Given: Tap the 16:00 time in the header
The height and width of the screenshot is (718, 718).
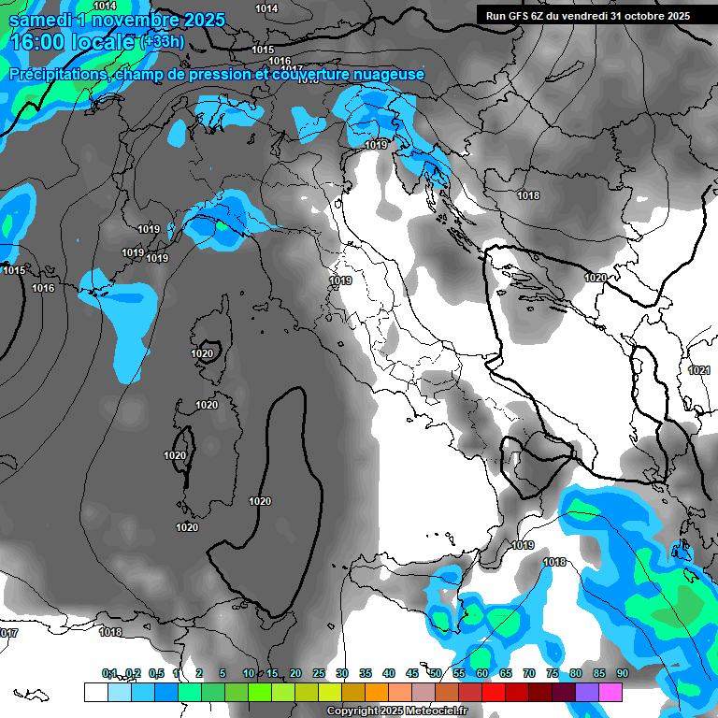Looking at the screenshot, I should pos(36,42).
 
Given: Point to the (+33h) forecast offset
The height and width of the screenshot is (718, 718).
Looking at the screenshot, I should pos(163,42).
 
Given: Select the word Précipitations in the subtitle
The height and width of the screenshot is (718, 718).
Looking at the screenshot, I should pos(56,74).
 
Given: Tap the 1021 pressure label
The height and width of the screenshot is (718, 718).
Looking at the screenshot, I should pos(698,370).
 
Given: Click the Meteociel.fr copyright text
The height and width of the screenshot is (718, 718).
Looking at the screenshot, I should pos(396,711).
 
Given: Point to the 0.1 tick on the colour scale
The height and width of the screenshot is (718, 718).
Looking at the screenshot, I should pos(109,674).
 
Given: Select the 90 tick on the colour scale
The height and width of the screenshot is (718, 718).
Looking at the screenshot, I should pos(623,674).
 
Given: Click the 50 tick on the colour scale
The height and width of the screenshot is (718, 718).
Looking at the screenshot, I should pos(436,674).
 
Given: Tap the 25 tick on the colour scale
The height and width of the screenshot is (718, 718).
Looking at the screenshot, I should pos(319,674).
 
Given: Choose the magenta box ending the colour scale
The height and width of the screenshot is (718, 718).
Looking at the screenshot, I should pos(610,692).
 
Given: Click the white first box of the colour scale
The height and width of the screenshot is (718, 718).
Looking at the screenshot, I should pos(95,692).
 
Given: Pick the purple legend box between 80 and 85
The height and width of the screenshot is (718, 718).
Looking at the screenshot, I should pos(587,692).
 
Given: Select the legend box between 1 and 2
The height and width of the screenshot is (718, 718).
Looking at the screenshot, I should pos(189,692).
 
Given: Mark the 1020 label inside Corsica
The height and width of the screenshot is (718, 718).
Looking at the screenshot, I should pos(203,354).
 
